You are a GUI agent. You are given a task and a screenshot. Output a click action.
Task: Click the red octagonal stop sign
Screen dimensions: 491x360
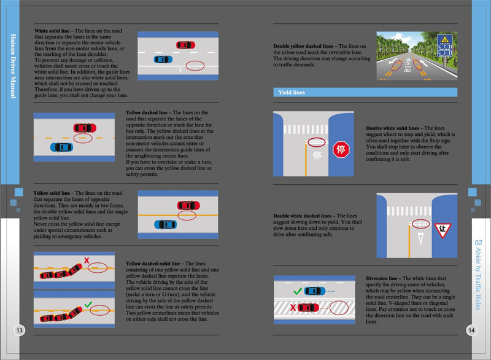pos(341,149)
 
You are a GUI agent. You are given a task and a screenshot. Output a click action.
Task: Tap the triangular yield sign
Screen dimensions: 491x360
pos(443,230)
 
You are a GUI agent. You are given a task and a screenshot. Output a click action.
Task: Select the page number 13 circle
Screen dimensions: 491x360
pos(20,331)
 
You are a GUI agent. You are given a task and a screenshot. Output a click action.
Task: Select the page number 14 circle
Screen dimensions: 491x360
pos(471,331)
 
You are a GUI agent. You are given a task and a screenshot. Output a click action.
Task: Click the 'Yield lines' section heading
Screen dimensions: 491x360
pos(292,92)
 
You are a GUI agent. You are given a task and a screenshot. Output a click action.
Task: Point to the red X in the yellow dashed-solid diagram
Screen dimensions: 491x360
pos(87,260)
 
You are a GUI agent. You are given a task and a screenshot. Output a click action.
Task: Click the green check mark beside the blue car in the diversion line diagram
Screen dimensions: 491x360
pos(298,291)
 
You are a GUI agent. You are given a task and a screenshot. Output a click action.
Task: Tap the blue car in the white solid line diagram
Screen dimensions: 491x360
pos(163,59)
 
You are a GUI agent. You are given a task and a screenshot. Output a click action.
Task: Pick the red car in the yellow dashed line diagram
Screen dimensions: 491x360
pos(85,128)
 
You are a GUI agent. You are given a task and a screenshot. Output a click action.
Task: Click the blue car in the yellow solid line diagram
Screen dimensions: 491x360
pos(165,224)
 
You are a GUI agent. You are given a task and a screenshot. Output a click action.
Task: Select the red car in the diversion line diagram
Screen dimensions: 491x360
pos(308,308)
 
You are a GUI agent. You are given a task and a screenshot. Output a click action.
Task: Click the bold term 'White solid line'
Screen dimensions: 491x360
pos(52,31)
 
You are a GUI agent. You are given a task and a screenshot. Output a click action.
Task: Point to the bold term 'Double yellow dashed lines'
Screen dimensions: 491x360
pos(303,46)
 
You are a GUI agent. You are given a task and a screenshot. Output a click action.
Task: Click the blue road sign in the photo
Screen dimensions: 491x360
pos(444,45)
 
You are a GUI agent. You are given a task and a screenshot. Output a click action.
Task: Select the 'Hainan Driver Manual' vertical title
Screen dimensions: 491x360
pos(13,66)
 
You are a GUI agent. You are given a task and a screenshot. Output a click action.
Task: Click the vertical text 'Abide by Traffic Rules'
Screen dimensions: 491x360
pos(479,278)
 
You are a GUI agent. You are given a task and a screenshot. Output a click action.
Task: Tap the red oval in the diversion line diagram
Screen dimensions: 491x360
pos(339,307)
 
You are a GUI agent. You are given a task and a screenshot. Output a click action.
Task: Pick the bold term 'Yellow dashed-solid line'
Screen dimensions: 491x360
pos(153,264)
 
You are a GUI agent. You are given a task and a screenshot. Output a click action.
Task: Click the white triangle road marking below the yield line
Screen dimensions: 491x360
pos(420,238)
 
